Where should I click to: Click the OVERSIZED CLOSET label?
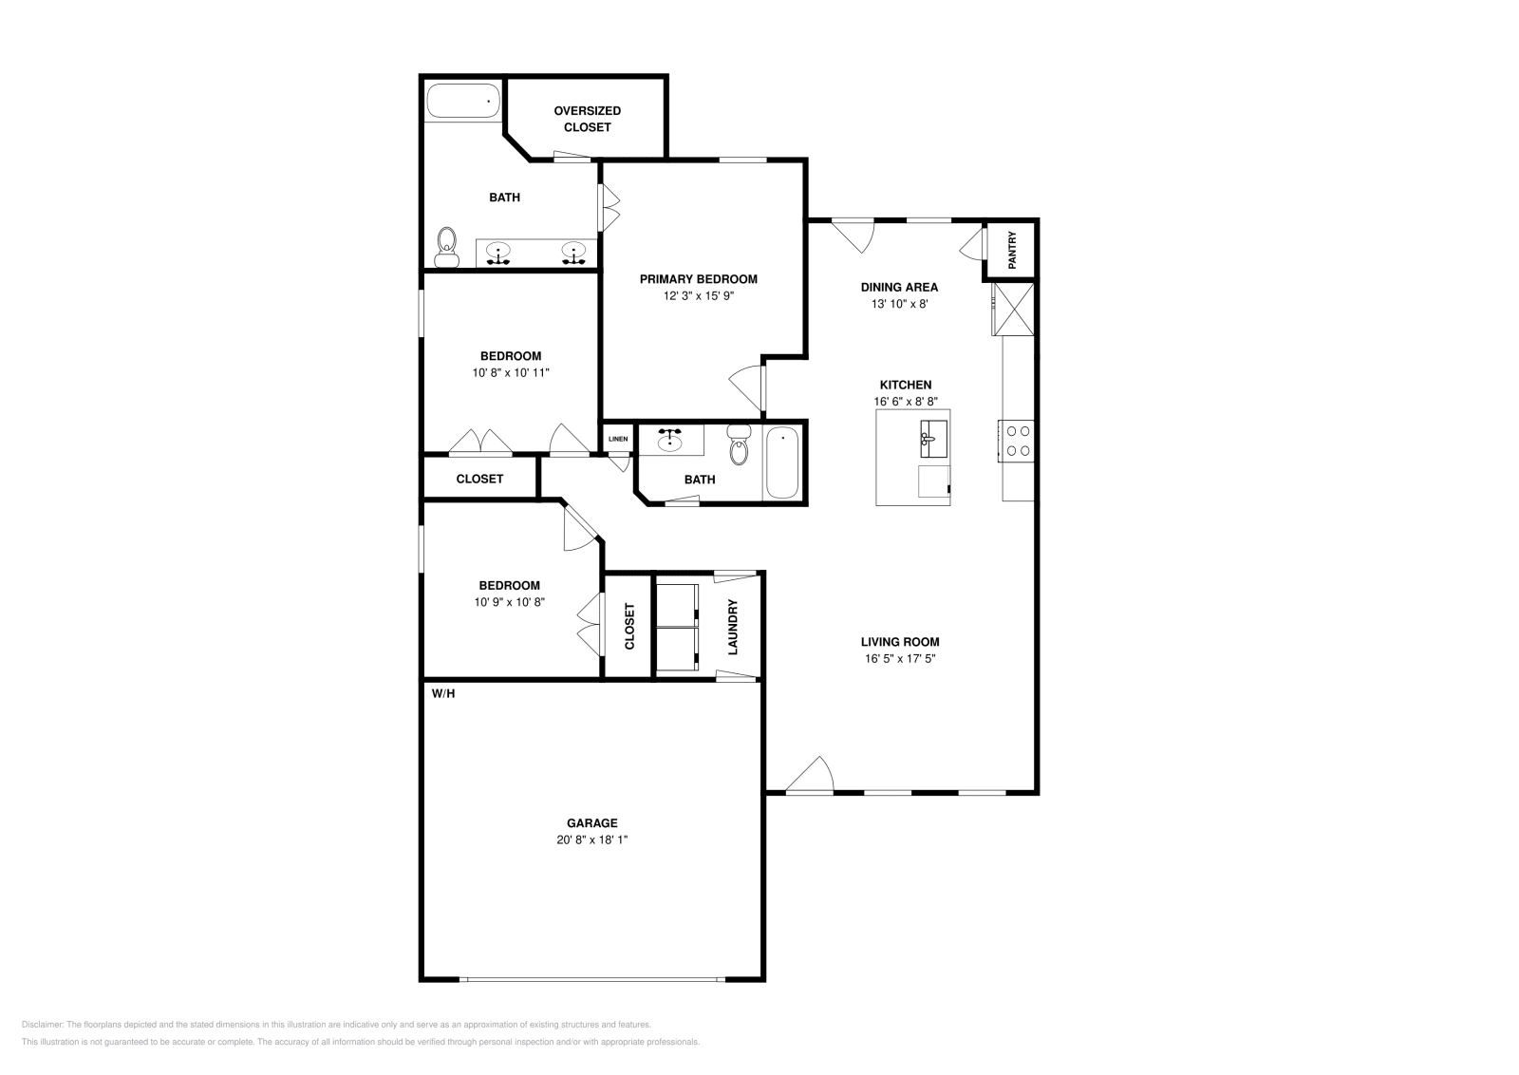click(x=588, y=119)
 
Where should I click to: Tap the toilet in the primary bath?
click(x=445, y=247)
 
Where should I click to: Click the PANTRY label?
click(x=1012, y=251)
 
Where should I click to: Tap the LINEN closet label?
click(x=618, y=439)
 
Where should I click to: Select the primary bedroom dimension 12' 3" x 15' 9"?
click(x=699, y=295)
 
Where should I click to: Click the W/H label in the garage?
click(x=443, y=693)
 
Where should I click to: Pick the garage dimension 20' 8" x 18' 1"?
click(x=592, y=839)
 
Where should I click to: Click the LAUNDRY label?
click(x=733, y=627)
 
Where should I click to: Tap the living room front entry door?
click(x=810, y=774)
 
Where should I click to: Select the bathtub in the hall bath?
click(x=783, y=462)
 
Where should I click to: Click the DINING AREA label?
click(x=899, y=287)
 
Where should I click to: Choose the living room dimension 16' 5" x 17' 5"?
click(x=900, y=658)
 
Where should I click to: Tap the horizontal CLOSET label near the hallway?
click(x=479, y=479)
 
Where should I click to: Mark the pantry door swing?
click(x=972, y=246)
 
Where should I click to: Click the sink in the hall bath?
click(x=671, y=439)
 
